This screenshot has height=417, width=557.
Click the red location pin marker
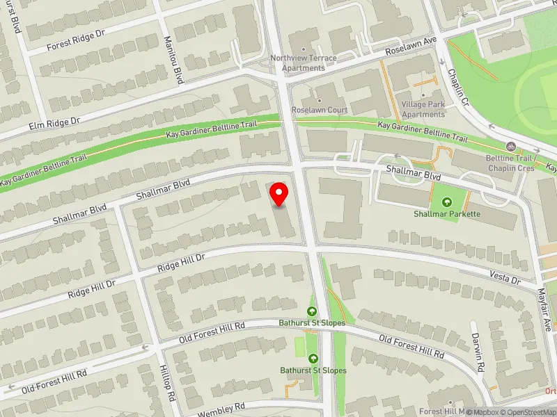tap(280, 194)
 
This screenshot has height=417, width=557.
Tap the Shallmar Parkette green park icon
tap(447, 202)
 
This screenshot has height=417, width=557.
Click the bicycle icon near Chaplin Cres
tap(512, 147)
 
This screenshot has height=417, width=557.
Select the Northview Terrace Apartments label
tap(303, 63)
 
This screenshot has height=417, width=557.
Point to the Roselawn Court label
tap(320, 110)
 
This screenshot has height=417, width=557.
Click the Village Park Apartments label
tap(423, 109)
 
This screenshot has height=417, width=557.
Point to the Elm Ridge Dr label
tap(55, 123)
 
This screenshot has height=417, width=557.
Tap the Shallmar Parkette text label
tap(447, 214)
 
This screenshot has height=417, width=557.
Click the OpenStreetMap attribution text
tap(529, 412)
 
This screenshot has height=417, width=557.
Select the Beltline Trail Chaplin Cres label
tap(511, 163)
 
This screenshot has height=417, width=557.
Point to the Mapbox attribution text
tap(482, 412)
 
